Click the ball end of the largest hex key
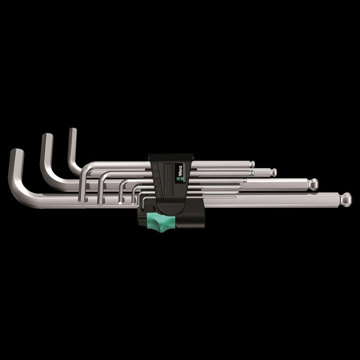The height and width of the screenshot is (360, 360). tap(346, 198)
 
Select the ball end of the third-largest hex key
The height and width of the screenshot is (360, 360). tap(273, 172)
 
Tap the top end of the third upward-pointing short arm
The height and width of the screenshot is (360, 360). tap(72, 131)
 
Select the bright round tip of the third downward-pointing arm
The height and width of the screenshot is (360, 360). tap(120, 203)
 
